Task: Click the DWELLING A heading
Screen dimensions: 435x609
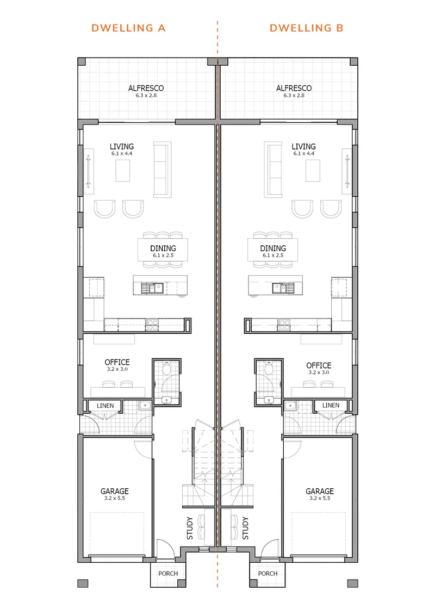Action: click(x=128, y=28)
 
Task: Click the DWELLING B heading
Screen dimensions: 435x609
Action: click(x=307, y=28)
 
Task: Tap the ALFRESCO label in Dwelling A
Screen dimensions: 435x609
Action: click(x=146, y=88)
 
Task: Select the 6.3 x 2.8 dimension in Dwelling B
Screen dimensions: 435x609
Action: click(x=294, y=96)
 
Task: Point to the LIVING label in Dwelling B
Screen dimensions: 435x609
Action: click(x=304, y=146)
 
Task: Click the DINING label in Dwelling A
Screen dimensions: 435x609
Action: click(x=163, y=248)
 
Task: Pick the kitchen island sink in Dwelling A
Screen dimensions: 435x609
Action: click(x=152, y=288)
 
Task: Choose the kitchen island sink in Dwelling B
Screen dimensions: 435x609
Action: click(x=283, y=288)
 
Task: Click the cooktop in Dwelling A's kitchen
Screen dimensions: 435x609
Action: click(x=152, y=325)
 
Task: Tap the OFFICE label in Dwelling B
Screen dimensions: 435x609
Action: click(x=319, y=365)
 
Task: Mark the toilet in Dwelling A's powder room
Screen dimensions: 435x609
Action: click(x=166, y=368)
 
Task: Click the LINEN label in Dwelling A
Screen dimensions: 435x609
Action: click(x=105, y=406)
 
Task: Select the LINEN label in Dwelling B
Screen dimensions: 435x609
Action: click(x=331, y=405)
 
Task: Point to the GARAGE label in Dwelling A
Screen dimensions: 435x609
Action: click(x=115, y=492)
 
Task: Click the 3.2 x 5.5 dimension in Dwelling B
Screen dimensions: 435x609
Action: click(x=320, y=498)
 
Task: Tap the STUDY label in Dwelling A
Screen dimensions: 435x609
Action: click(x=190, y=528)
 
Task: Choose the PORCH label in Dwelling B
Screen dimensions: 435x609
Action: click(x=268, y=573)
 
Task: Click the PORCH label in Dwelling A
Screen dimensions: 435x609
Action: click(x=168, y=573)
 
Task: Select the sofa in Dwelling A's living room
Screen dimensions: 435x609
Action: click(x=163, y=170)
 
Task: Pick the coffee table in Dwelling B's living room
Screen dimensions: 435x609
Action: click(x=313, y=171)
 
